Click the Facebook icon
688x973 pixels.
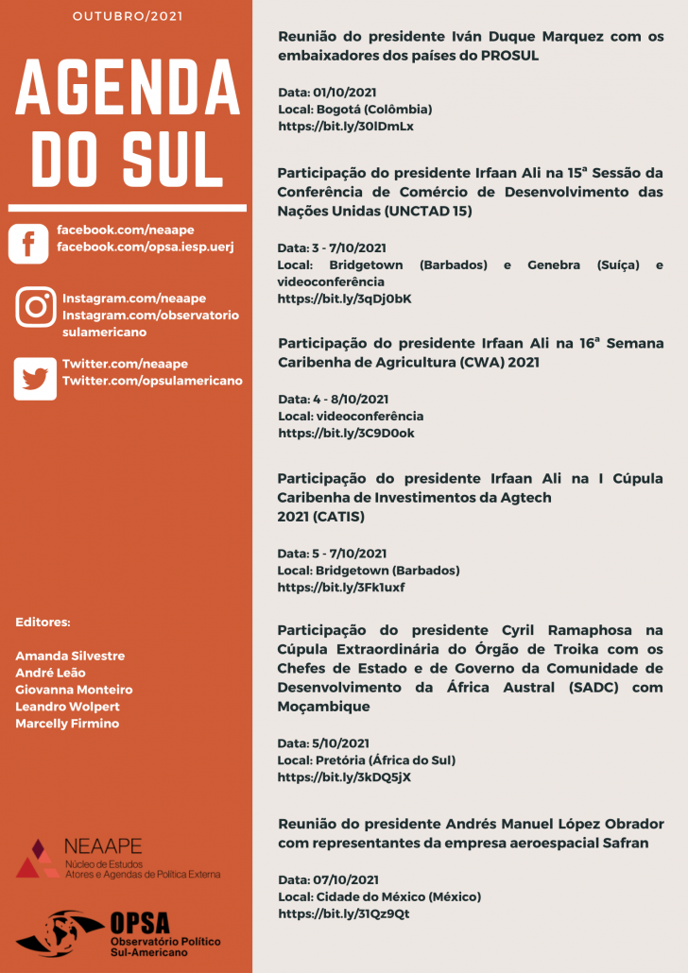28,244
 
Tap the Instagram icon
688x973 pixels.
36,307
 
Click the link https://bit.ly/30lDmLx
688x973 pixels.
346,126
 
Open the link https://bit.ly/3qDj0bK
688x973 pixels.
344,299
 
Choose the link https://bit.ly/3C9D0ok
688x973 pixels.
346,433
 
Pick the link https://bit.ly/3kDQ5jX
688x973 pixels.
344,777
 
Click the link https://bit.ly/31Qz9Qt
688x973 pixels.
344,913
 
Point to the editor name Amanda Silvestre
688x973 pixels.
70,656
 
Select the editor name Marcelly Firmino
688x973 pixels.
67,724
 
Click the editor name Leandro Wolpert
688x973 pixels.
67,707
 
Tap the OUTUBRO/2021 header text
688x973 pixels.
128,16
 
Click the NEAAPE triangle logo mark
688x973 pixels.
36,858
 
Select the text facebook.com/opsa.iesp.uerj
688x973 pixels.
145,247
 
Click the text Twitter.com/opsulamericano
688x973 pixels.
152,381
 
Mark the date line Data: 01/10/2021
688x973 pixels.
327,93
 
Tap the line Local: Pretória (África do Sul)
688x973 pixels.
367,760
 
